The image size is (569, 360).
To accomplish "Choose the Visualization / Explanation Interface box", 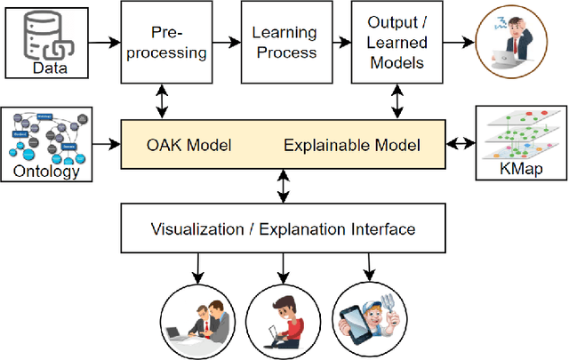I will (x=284, y=229).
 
